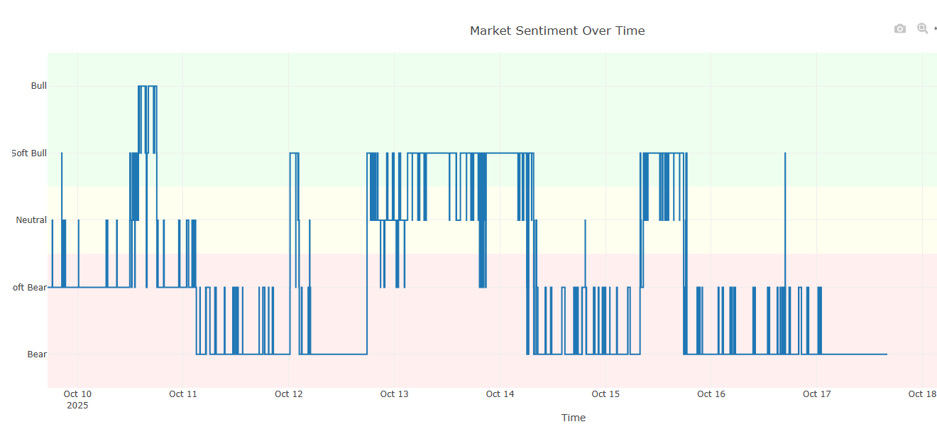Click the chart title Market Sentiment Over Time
click(557, 31)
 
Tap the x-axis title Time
click(573, 418)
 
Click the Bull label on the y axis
click(38, 86)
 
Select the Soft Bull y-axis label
click(29, 153)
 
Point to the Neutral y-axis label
click(31, 220)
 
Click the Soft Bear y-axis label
click(29, 287)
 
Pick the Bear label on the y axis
click(37, 354)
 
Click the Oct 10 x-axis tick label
click(77, 394)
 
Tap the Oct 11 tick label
click(182, 394)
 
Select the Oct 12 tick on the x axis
click(288, 394)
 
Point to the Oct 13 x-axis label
click(394, 394)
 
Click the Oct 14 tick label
click(500, 394)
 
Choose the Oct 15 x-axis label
click(606, 394)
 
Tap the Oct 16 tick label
click(711, 394)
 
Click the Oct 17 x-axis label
click(816, 394)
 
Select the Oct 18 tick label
click(921, 394)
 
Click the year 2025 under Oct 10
click(77, 406)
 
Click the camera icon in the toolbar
click(900, 29)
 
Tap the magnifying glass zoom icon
click(922, 29)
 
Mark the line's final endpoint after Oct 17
click(887, 354)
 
